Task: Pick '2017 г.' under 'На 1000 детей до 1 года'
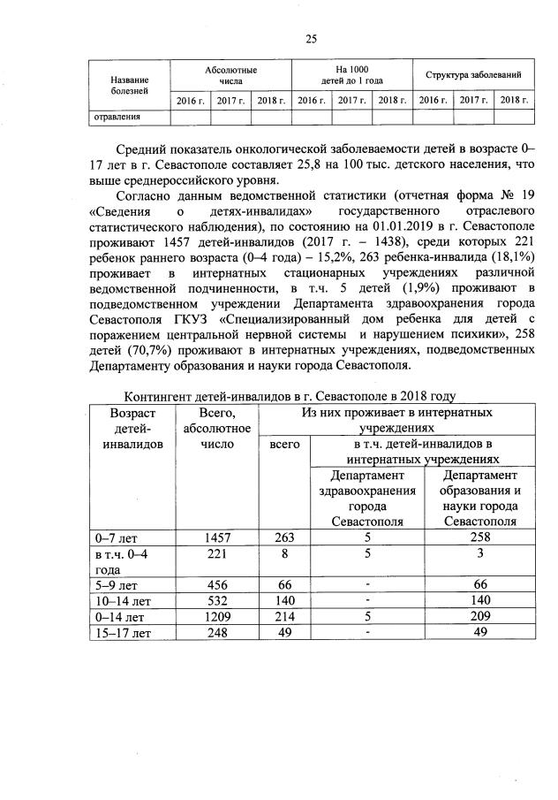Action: (x=352, y=100)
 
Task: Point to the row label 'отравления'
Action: (x=117, y=116)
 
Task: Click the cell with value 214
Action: (x=283, y=616)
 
